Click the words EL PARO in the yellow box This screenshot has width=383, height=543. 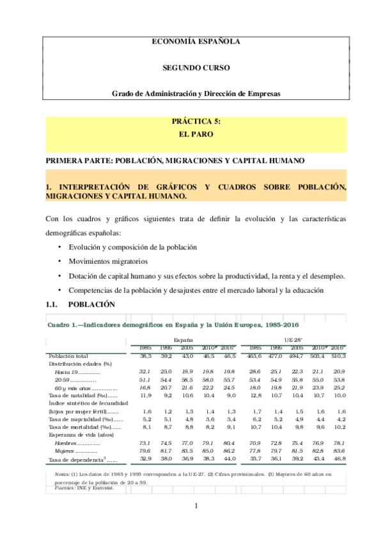click(196, 135)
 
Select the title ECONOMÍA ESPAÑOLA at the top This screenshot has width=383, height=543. click(196, 41)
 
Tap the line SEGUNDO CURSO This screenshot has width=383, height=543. click(196, 67)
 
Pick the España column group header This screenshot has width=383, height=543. click(183, 340)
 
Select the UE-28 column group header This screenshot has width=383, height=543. click(293, 340)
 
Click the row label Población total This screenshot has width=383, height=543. click(68, 355)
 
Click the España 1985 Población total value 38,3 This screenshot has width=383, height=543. click(145, 355)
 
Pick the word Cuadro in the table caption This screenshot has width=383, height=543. click(58, 325)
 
